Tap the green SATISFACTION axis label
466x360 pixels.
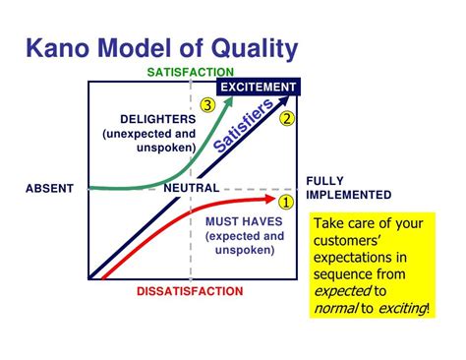190,73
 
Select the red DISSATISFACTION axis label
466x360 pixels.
191,292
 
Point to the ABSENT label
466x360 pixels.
50,188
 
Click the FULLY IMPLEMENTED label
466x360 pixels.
348,187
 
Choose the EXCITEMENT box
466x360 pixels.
258,88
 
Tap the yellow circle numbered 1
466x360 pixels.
286,203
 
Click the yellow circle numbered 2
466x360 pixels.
287,119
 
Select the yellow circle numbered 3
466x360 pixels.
206,104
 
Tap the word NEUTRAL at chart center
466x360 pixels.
191,188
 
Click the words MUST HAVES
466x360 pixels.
244,221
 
